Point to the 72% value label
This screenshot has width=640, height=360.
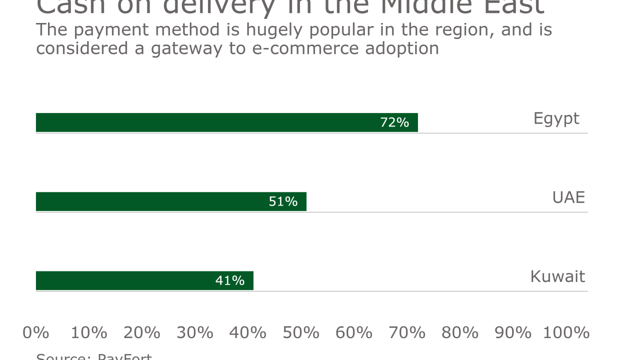tap(394, 122)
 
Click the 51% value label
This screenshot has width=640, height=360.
tap(283, 201)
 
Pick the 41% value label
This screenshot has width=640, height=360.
tap(230, 280)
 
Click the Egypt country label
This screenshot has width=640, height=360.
tap(556, 119)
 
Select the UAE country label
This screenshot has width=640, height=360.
tap(568, 197)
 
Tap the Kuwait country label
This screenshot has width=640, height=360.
tap(557, 276)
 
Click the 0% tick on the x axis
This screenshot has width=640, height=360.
tap(36, 332)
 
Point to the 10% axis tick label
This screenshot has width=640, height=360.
tap(89, 332)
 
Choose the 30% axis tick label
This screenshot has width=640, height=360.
tap(195, 332)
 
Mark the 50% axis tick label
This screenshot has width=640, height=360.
tap(301, 332)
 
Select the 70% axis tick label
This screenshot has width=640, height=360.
tap(407, 332)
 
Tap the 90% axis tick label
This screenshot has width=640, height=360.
tap(513, 332)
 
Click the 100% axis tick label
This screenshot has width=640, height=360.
tap(566, 332)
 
